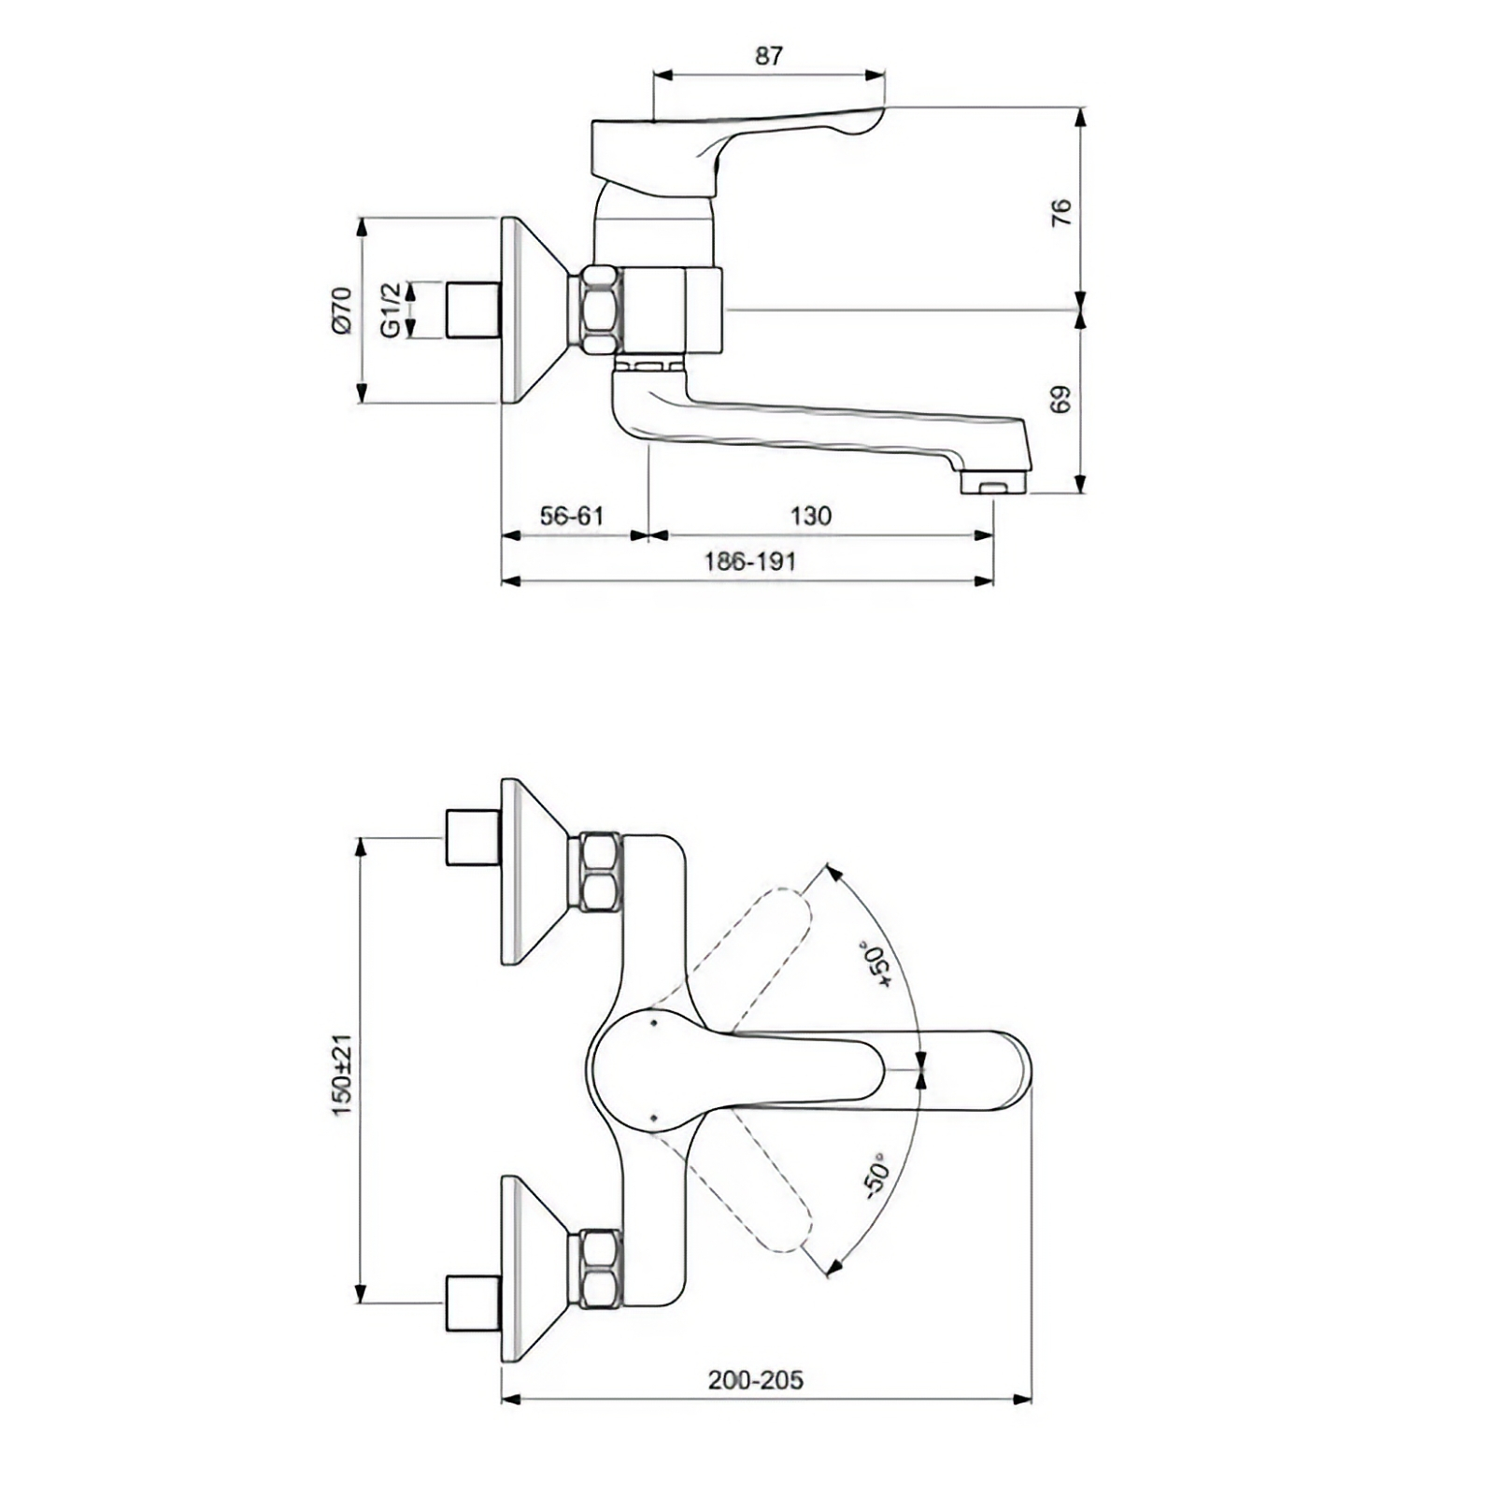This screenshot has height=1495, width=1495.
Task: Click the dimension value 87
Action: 768,56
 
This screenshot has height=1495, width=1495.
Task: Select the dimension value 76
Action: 1061,212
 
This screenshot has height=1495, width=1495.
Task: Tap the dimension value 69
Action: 1061,399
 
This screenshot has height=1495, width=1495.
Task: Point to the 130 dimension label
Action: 810,516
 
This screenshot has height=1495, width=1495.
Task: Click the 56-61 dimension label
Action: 572,516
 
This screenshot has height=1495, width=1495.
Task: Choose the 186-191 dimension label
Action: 750,562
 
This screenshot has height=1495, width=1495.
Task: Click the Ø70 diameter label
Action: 342,310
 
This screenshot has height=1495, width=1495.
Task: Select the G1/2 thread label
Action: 391,310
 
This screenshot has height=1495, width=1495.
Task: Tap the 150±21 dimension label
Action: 342,1075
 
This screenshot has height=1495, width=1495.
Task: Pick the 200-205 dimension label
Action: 755,1380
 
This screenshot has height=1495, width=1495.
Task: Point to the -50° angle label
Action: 876,1177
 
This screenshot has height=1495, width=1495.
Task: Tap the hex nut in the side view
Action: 600,310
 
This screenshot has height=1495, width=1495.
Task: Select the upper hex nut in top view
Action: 600,872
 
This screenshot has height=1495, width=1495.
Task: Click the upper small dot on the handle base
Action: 653,1023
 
